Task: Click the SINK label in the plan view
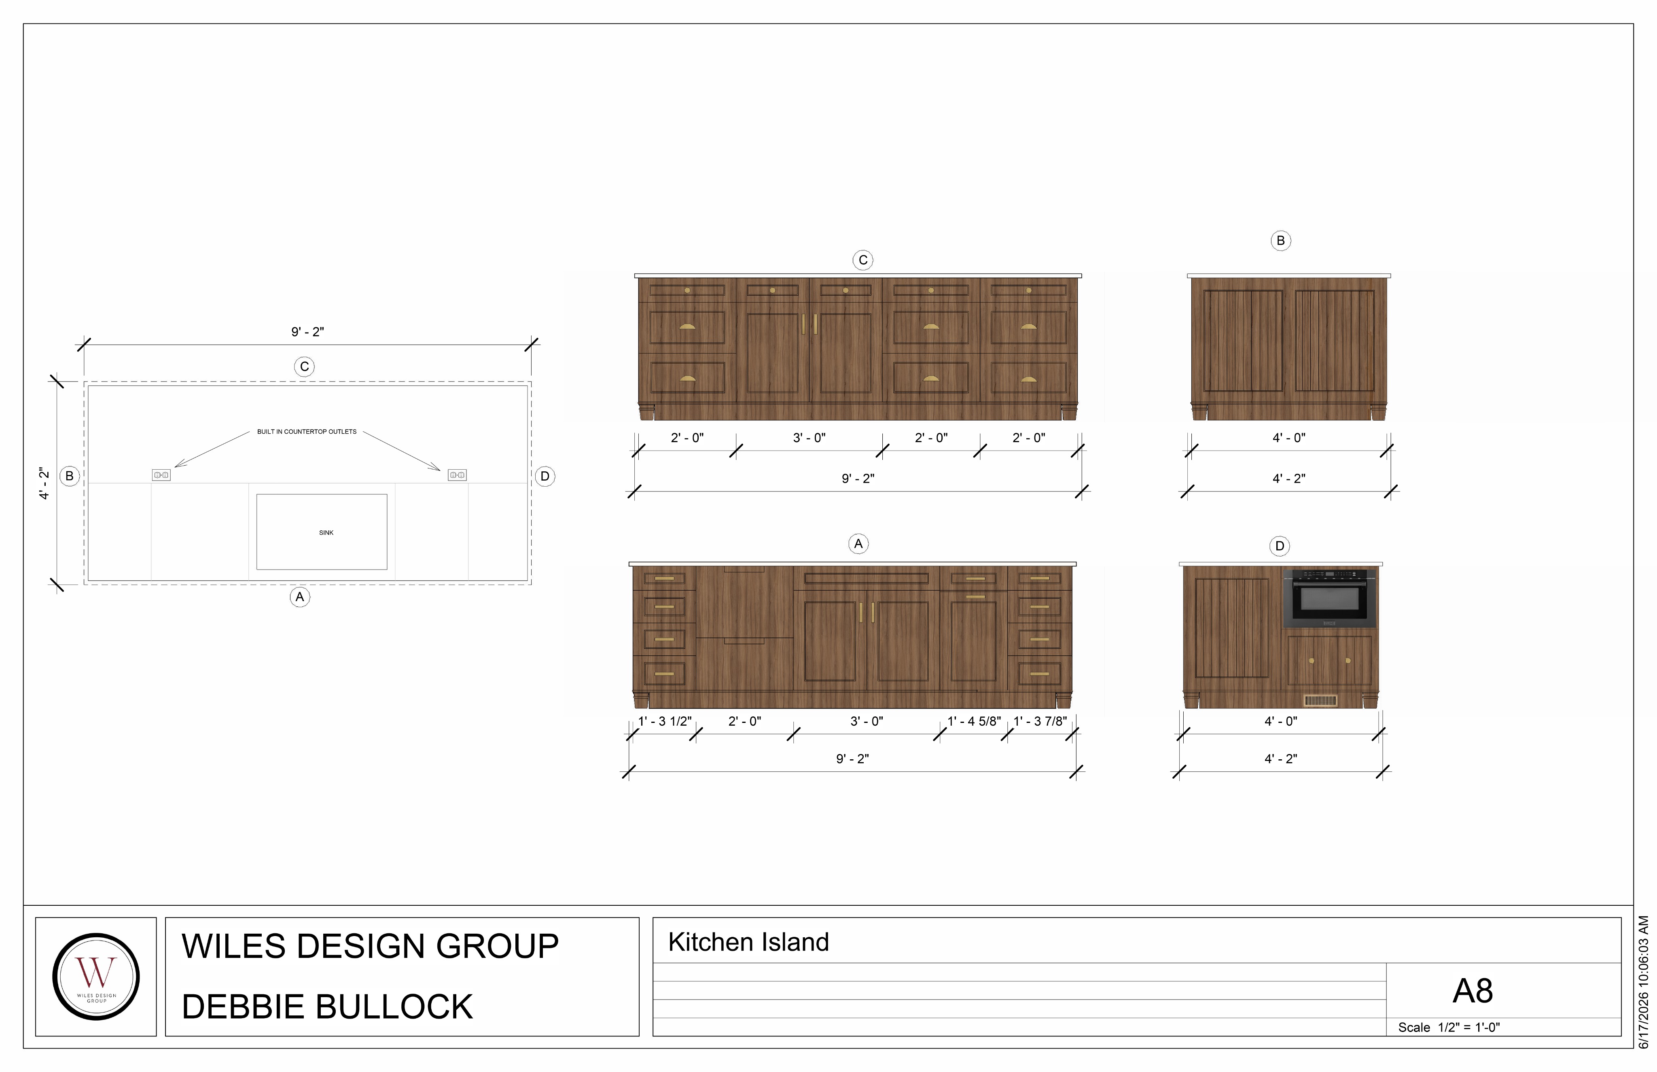point(326,532)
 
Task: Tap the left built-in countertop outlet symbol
point(161,475)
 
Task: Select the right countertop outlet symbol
point(457,475)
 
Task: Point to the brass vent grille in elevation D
point(1320,700)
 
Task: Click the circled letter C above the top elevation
point(863,260)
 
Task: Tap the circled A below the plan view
point(300,597)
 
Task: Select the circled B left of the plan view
point(69,476)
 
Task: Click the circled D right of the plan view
point(545,476)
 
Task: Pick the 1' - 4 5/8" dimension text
point(974,721)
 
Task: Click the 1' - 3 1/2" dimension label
point(665,721)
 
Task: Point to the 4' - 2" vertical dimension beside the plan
point(44,483)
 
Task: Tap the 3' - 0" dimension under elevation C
point(809,438)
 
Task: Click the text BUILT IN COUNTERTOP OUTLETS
point(307,432)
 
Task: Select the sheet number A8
point(1473,991)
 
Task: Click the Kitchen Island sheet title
point(748,942)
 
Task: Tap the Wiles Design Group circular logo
point(96,977)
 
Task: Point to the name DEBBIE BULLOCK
point(327,1006)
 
